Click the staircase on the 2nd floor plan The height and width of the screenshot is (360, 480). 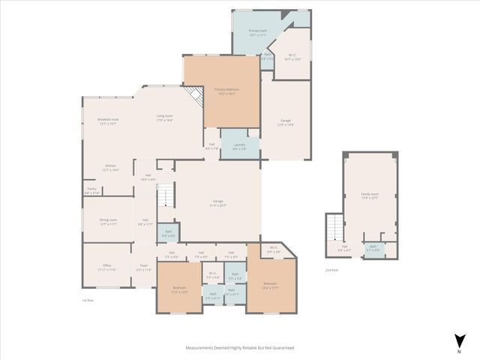click(x=333, y=225)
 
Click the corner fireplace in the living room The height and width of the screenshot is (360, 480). click(x=196, y=96)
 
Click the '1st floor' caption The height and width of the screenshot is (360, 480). click(x=88, y=300)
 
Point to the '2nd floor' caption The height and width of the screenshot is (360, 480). click(x=331, y=268)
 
